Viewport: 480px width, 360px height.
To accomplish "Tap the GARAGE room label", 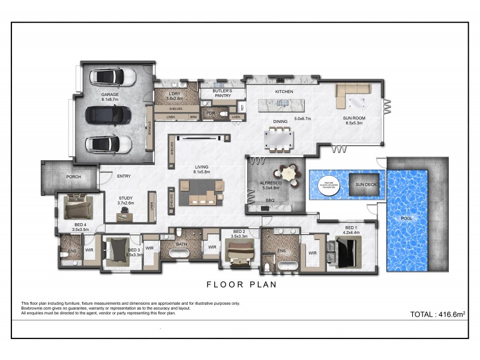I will pyautogui.click(x=109, y=94).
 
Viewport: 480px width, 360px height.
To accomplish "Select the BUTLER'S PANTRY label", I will pyautogui.click(x=214, y=94).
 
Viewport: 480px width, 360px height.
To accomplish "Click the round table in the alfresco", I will pyautogui.click(x=290, y=174).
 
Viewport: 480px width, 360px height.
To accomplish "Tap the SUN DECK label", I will pyautogui.click(x=365, y=184).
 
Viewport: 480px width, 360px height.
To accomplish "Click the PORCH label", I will pyautogui.click(x=74, y=177).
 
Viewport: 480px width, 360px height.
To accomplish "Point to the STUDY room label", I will pyautogui.click(x=126, y=198).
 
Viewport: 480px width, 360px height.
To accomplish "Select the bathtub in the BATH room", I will pyautogui.click(x=179, y=253).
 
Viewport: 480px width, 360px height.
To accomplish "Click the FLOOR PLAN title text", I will pyautogui.click(x=242, y=285).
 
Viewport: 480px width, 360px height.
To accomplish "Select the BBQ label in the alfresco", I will pyautogui.click(x=270, y=200).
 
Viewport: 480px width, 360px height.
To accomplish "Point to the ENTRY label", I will pyautogui.click(x=124, y=176).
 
